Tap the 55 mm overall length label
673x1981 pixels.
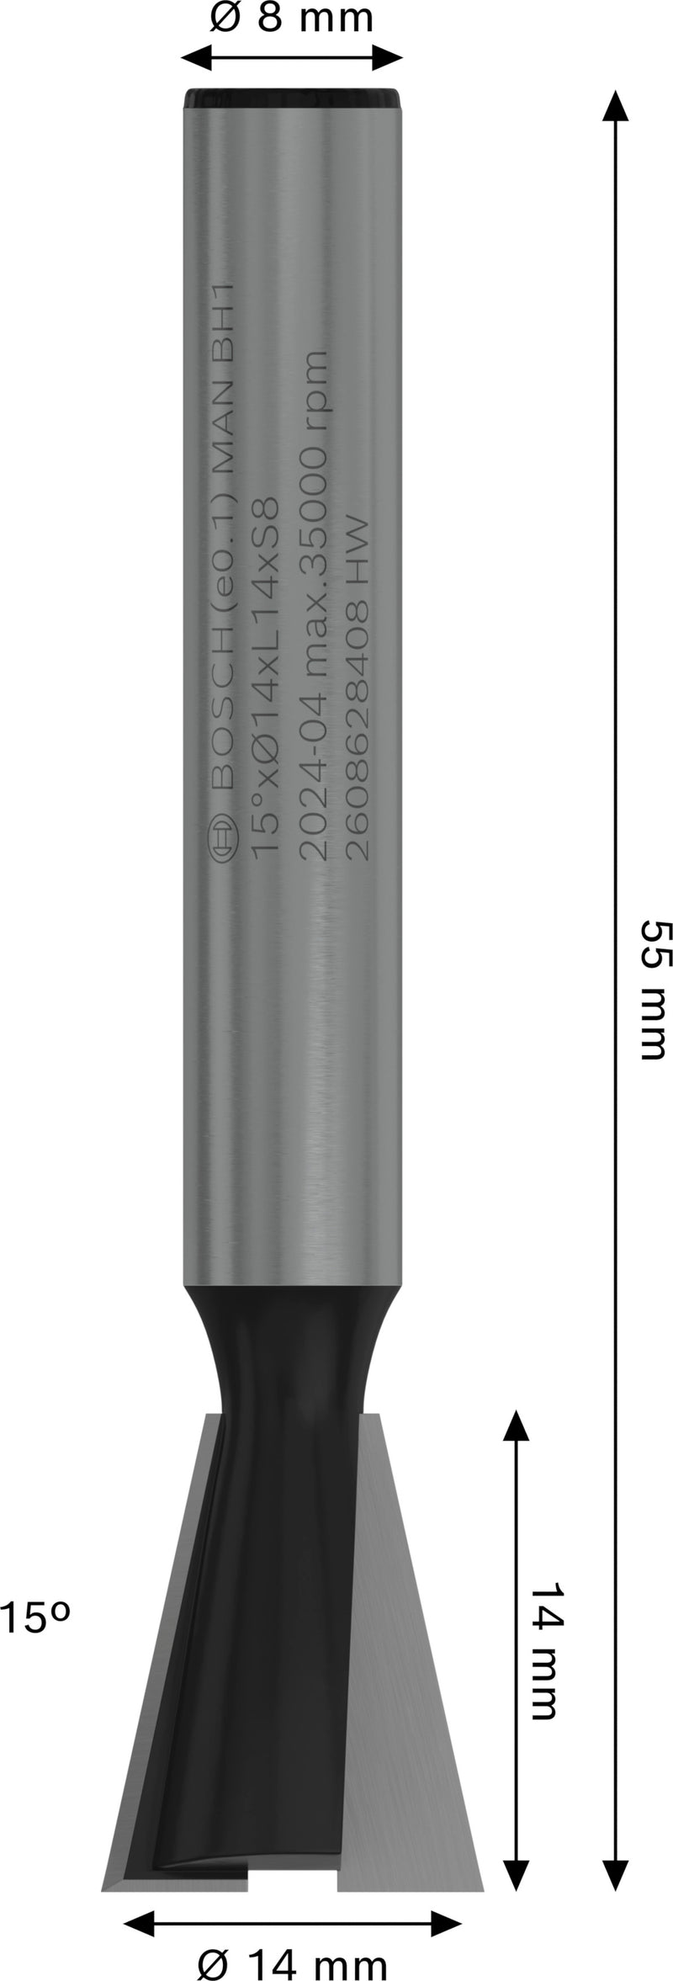click(653, 989)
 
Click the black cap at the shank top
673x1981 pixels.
click(292, 98)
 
